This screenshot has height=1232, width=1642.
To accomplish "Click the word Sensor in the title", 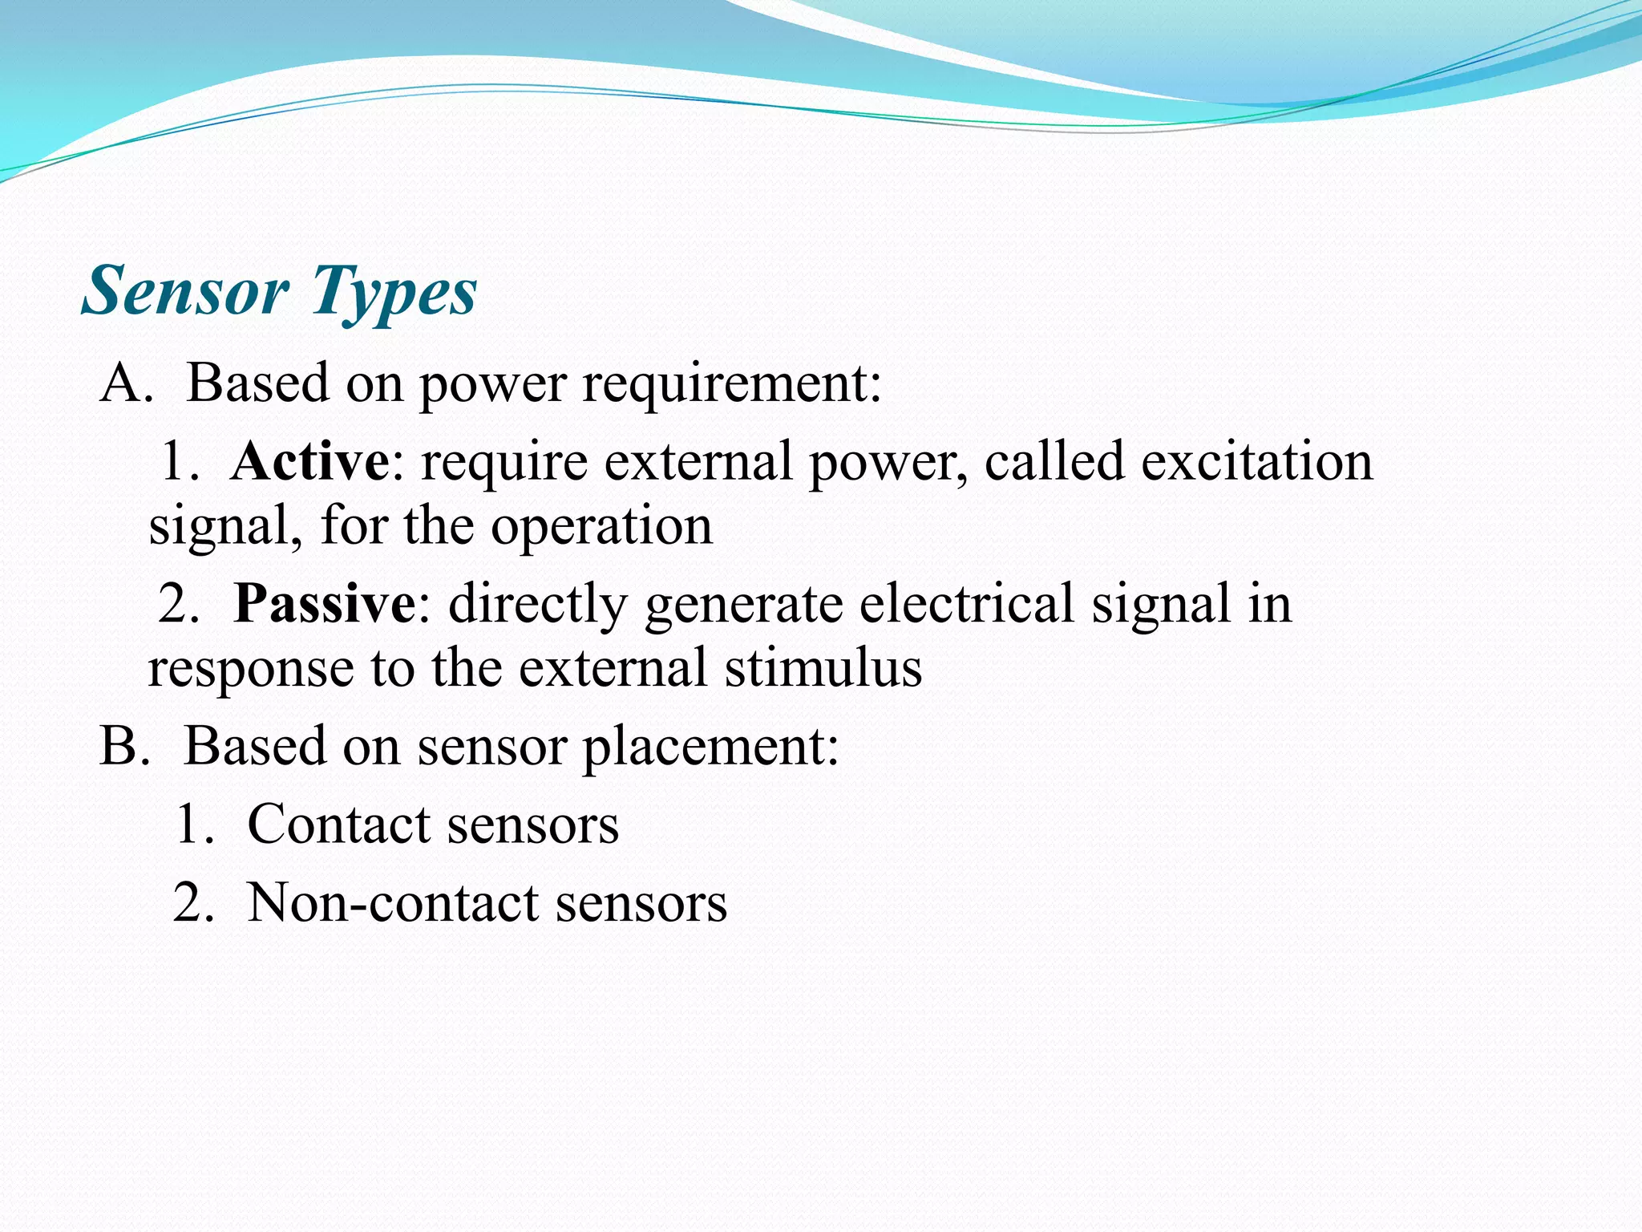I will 185,290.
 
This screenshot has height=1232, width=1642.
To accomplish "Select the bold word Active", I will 309,462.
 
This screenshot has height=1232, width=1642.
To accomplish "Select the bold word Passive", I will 324,603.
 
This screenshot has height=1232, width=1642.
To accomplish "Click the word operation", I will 601,527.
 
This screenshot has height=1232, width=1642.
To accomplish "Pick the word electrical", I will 966,603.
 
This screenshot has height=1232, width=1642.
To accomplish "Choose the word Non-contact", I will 393,903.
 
